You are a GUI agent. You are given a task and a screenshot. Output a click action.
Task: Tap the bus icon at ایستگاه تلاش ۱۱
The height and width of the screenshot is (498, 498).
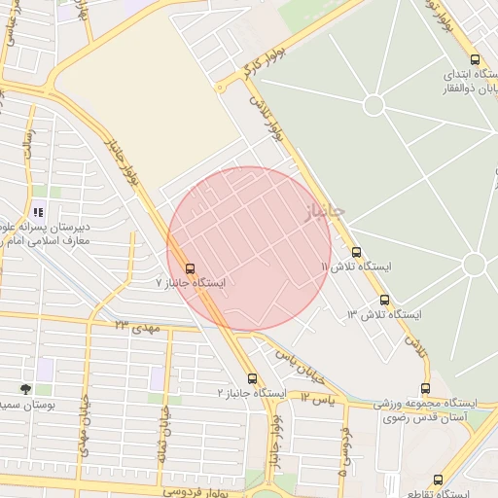tap(356, 252)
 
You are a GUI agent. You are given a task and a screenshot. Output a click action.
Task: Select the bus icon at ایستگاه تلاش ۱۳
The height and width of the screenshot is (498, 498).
tap(384, 301)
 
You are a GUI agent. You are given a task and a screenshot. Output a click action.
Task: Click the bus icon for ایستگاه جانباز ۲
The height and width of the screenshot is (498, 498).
tap(252, 377)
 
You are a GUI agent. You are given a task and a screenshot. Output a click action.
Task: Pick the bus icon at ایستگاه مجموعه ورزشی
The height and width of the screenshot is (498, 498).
tap(425, 389)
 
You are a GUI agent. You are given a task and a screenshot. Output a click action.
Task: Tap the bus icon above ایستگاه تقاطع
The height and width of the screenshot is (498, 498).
tap(438, 480)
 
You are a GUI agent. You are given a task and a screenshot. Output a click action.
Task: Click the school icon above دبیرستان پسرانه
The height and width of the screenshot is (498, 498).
tap(38, 211)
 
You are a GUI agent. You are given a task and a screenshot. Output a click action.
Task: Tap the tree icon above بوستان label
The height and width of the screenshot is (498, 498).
tap(25, 388)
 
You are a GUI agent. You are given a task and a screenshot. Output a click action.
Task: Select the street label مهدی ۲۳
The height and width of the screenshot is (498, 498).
tap(135, 327)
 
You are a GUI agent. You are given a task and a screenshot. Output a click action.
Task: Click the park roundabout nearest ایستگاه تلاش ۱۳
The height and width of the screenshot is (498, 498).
tap(474, 264)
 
